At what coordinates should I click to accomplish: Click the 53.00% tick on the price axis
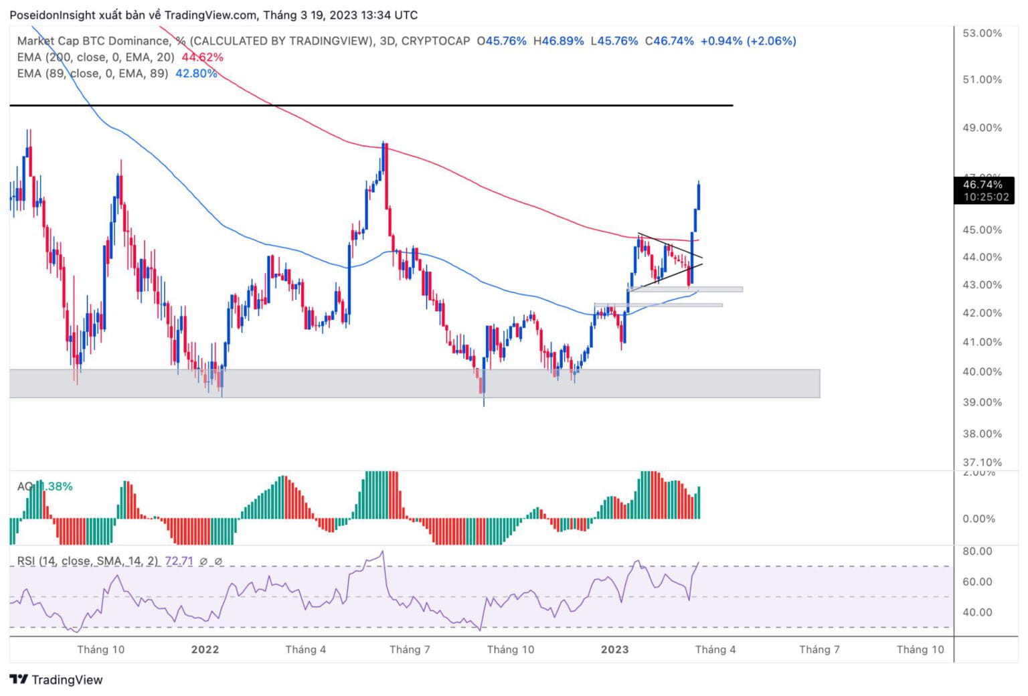coord(982,33)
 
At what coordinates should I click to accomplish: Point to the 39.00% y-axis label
coord(982,402)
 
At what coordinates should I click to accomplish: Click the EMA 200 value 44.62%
coord(202,58)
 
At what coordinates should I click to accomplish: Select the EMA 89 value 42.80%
coord(196,74)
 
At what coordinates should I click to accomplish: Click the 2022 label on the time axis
coord(205,649)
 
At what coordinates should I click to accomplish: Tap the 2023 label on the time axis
coord(614,649)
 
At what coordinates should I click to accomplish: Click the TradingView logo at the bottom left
coord(57,680)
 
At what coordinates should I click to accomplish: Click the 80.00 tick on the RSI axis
coord(977,551)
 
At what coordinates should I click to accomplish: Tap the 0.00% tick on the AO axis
coord(978,519)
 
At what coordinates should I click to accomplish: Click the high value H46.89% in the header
coord(558,41)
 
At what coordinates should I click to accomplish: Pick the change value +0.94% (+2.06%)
coord(748,41)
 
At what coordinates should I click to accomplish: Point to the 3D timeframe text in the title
coord(387,41)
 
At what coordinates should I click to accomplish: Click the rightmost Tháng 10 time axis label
coord(920,649)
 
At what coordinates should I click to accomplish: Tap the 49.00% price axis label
coord(982,128)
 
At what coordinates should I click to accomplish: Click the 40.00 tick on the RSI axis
coord(977,612)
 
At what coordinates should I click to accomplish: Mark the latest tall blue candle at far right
coord(699,195)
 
